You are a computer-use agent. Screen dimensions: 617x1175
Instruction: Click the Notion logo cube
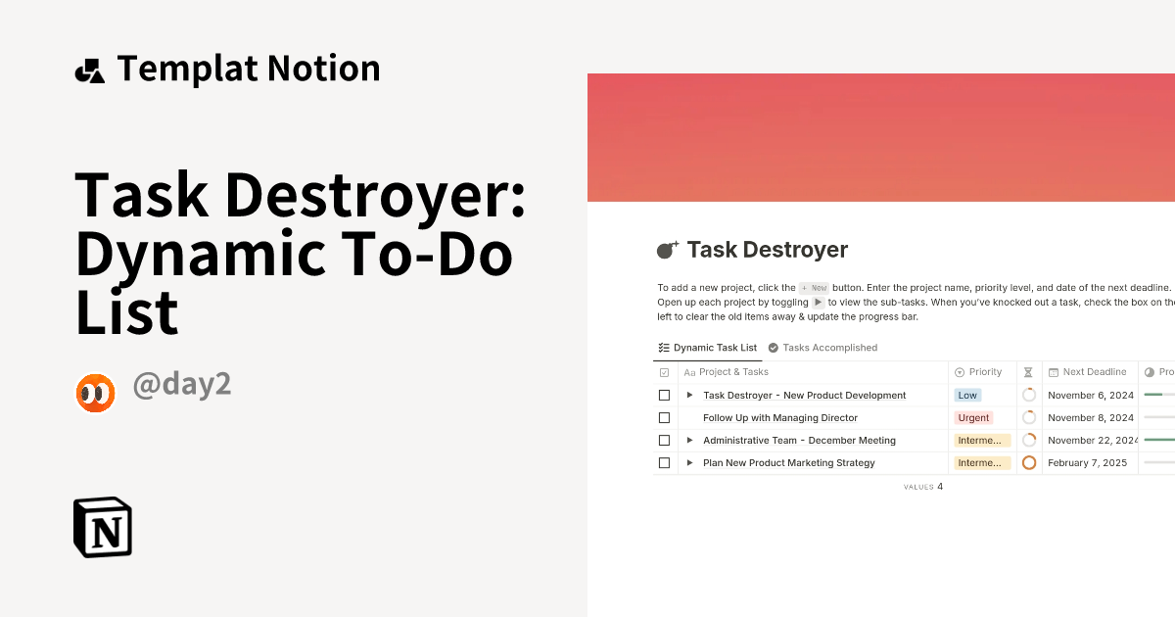[x=103, y=528]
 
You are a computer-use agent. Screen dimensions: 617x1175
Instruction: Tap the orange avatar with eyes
[x=95, y=393]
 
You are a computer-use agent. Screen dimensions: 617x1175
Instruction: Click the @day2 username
[x=182, y=385]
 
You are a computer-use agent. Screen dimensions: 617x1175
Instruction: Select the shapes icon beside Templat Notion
[x=89, y=71]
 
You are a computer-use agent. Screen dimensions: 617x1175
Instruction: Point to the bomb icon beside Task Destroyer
[x=667, y=250]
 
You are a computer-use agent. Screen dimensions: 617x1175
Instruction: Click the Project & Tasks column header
[x=732, y=372]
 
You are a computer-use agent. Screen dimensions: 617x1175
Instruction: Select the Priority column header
[x=984, y=372]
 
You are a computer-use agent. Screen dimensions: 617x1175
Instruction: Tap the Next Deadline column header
[x=1094, y=372]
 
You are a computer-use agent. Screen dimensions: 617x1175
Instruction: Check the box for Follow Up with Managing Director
[x=664, y=418]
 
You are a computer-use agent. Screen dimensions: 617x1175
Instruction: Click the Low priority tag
[x=967, y=396]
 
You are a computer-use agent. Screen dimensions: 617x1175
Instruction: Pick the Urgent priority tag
[x=973, y=418]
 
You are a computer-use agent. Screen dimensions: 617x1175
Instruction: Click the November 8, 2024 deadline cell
[x=1090, y=418]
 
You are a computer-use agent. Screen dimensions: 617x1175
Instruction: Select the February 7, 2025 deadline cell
[x=1087, y=463]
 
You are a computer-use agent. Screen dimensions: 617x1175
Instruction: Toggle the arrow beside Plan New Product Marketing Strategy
[x=689, y=463]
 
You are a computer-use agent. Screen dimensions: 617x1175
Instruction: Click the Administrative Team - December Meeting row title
[x=799, y=441]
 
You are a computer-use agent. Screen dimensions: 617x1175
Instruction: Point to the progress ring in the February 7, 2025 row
[x=1029, y=463]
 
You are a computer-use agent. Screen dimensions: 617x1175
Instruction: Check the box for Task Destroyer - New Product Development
[x=664, y=396]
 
